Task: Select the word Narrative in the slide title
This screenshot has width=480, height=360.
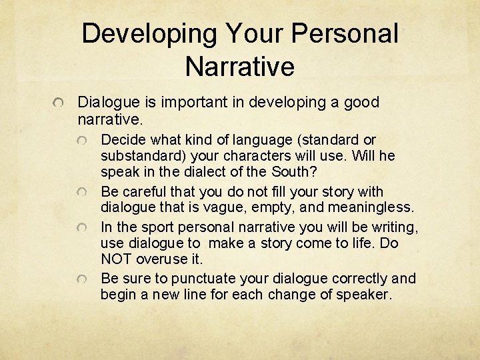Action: point(240,66)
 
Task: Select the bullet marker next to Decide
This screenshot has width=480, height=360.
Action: point(82,141)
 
